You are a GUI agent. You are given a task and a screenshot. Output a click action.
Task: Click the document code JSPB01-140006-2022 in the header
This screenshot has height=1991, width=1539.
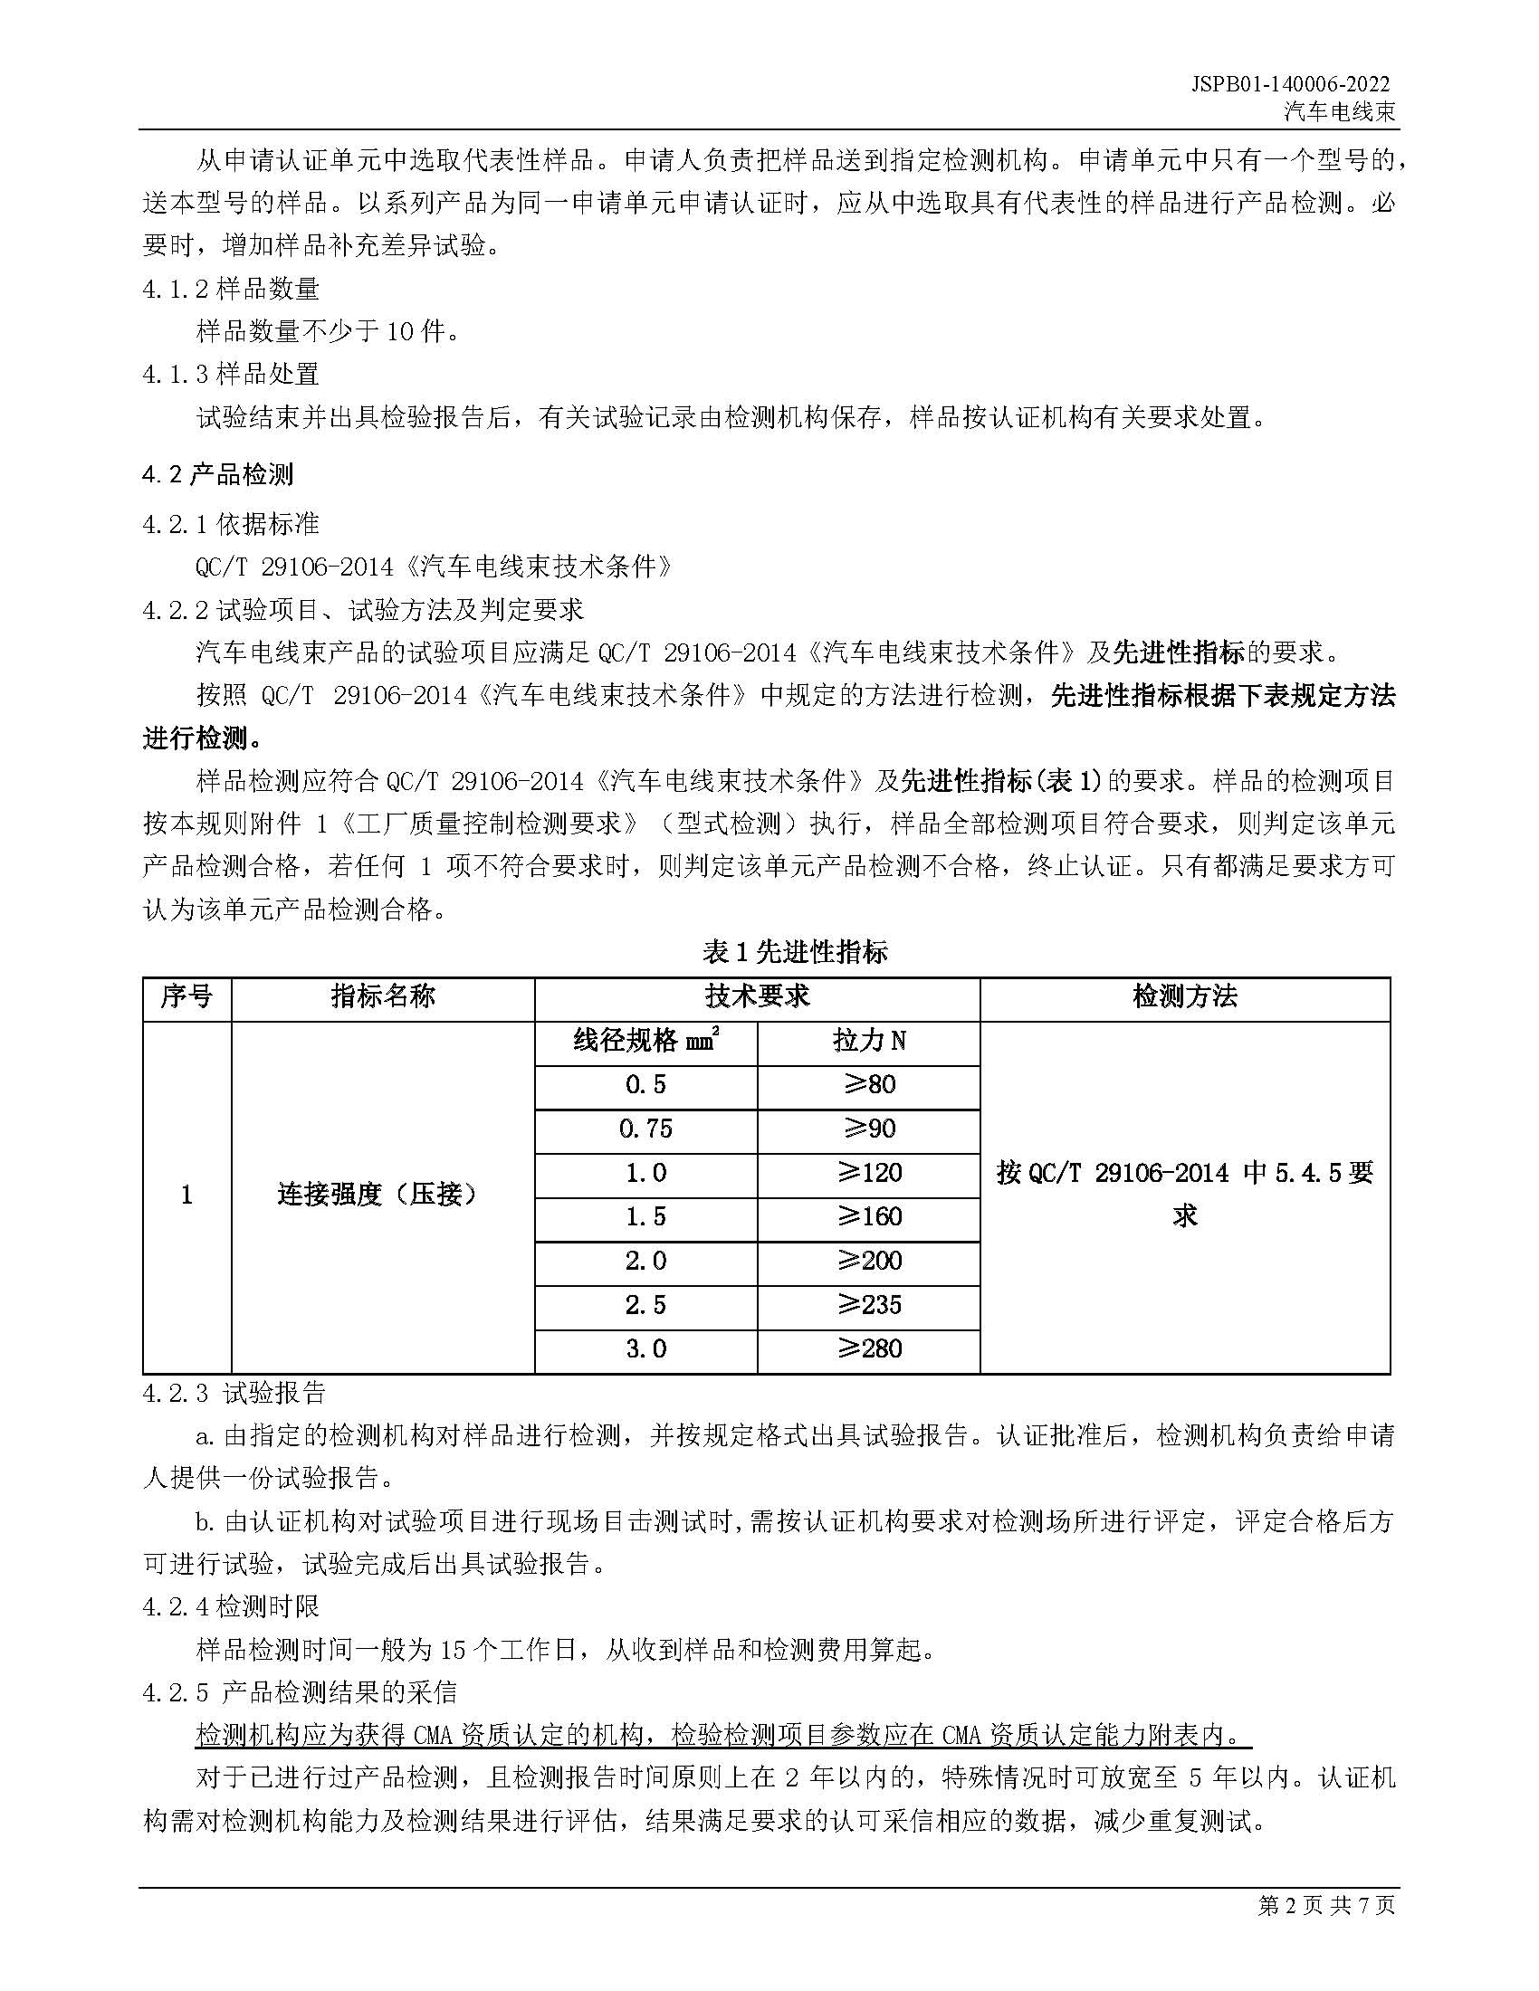tap(1290, 84)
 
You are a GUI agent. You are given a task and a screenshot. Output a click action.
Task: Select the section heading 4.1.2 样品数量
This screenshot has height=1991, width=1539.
tap(231, 289)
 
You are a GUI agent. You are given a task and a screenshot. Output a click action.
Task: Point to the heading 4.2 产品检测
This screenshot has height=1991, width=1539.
tap(218, 474)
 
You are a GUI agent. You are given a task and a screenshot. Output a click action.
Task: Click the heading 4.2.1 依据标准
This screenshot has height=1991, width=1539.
tap(231, 523)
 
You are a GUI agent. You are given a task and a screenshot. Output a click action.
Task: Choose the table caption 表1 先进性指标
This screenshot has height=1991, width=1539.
tap(794, 952)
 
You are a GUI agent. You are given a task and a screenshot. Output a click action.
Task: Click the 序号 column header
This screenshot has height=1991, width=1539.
tap(186, 996)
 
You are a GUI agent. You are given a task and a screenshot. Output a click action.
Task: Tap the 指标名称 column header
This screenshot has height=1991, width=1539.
tap(383, 996)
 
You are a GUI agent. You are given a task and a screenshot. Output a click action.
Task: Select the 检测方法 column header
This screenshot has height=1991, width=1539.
tap(1184, 996)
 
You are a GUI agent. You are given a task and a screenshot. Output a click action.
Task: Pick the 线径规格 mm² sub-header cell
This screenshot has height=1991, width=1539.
tap(645, 1040)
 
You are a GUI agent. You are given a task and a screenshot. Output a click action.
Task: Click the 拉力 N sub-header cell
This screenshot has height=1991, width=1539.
tap(869, 1040)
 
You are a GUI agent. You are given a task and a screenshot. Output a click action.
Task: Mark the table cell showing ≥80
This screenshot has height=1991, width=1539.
tap(869, 1085)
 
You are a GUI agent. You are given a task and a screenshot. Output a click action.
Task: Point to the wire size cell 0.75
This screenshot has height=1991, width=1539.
tap(645, 1129)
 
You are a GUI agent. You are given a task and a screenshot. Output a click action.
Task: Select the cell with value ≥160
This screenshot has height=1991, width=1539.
tap(869, 1217)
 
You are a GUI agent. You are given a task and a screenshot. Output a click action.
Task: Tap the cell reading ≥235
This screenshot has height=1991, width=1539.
tap(869, 1304)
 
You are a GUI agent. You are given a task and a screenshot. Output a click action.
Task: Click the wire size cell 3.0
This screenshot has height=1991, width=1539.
tap(645, 1348)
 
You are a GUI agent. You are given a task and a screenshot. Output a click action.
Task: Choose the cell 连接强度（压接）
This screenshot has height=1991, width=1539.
tap(383, 1195)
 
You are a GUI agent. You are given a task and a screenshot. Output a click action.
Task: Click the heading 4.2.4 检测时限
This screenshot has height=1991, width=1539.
tap(231, 1605)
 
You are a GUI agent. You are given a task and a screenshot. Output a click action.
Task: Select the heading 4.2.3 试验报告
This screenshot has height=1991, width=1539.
tap(234, 1393)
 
